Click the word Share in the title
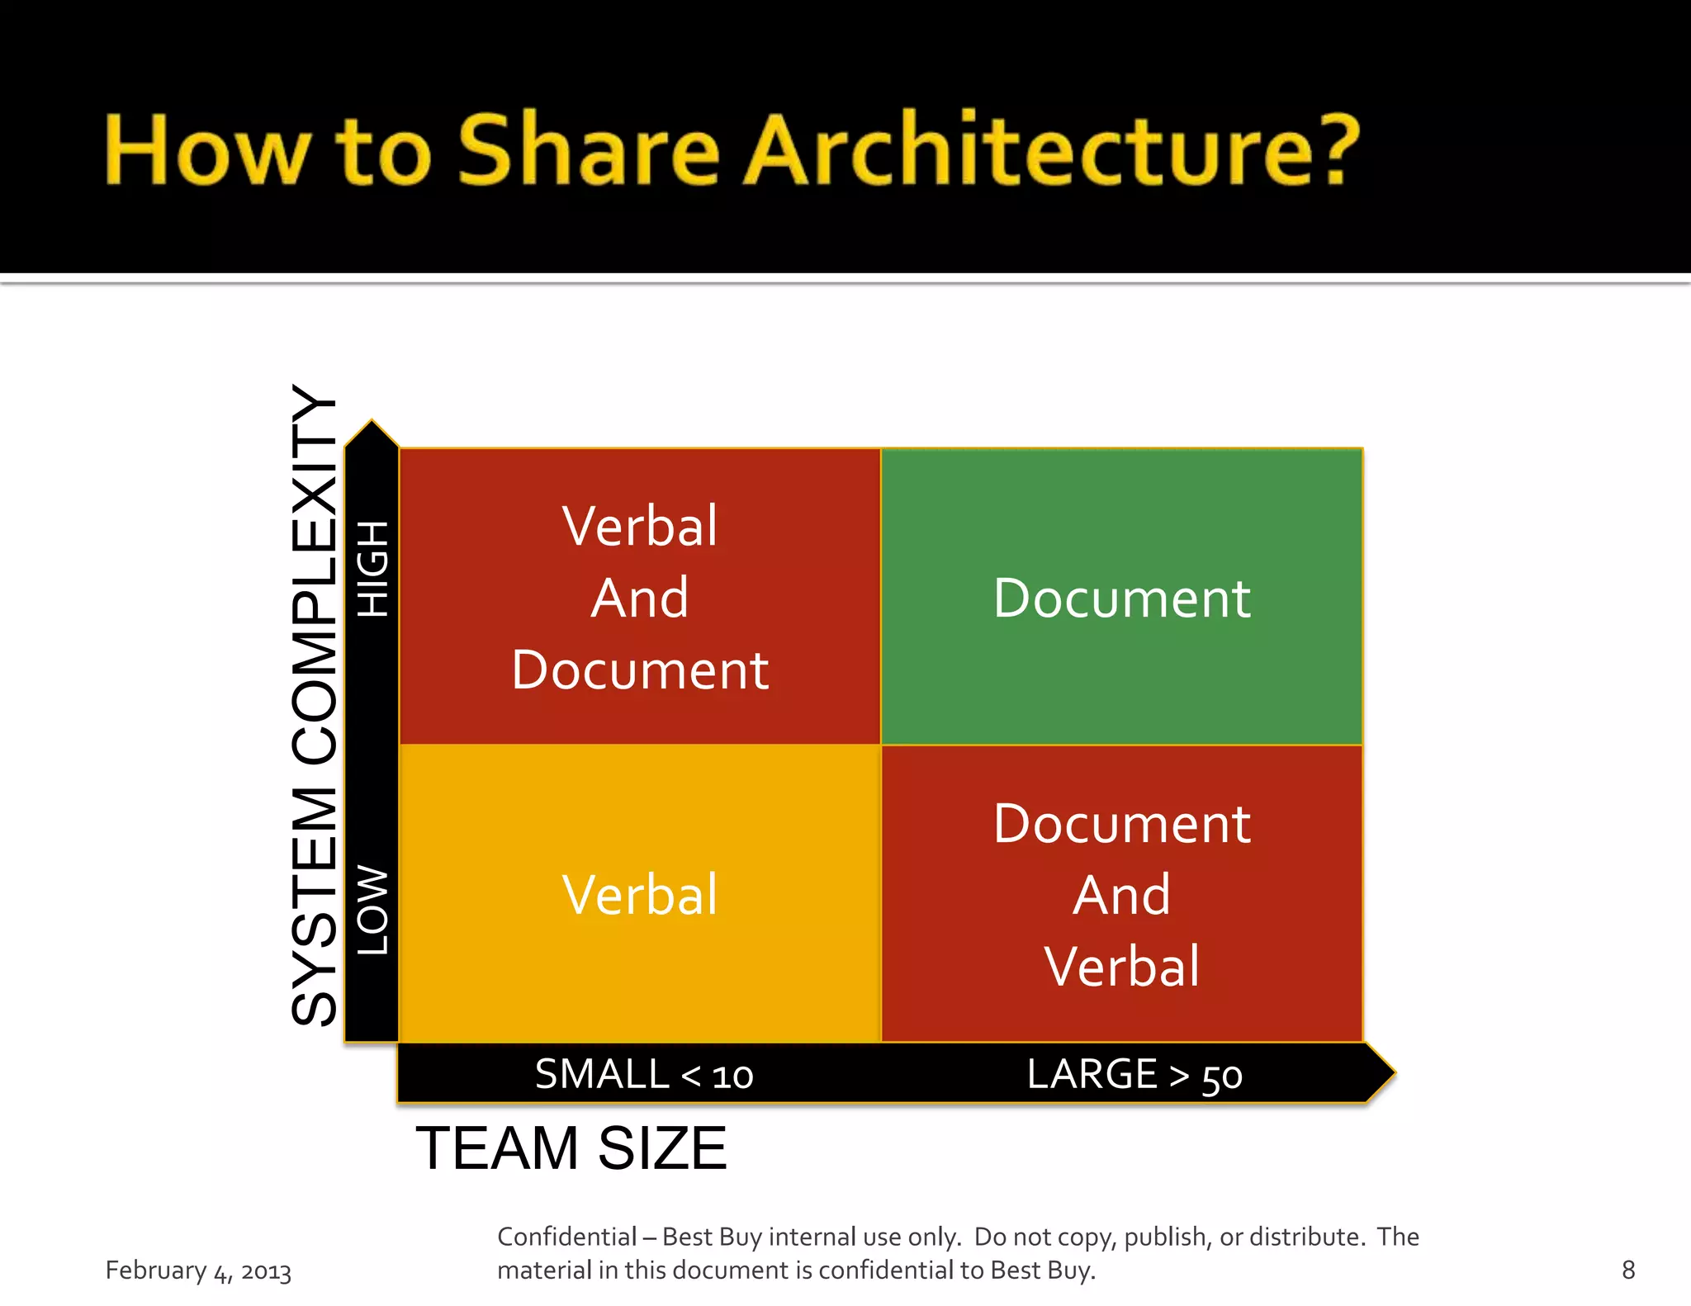point(589,150)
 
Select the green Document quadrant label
point(1121,598)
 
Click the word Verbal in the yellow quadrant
point(640,895)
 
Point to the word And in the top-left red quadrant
point(640,598)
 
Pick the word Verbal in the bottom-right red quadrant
point(1121,967)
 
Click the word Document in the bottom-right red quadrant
point(1121,824)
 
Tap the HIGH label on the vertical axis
point(372,569)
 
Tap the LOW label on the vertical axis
point(372,911)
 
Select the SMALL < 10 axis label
point(644,1075)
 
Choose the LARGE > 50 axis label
point(1134,1075)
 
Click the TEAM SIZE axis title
point(571,1148)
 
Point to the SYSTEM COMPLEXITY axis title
point(315,706)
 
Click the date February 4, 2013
point(198,1271)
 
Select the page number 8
point(1628,1270)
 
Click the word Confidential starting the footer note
point(566,1237)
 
